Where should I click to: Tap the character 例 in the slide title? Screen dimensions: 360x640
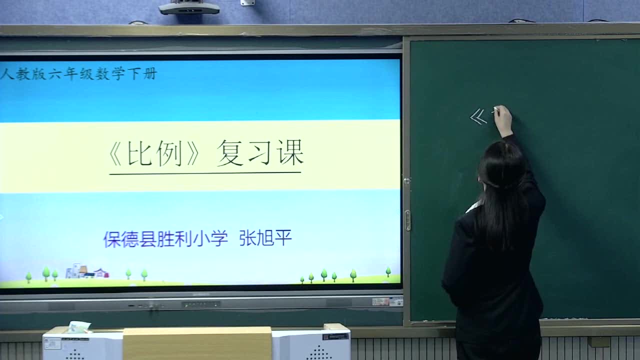(x=169, y=153)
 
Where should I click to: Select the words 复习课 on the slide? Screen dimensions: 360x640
(x=260, y=152)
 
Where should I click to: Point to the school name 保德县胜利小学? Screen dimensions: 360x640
(x=165, y=239)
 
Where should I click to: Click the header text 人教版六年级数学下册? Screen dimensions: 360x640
(x=79, y=74)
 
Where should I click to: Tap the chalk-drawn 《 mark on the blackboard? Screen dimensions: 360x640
(x=478, y=117)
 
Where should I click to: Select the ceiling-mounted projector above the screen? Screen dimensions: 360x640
(x=189, y=7)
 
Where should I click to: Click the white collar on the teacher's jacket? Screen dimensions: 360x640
(x=473, y=206)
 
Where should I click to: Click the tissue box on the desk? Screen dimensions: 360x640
(x=79, y=327)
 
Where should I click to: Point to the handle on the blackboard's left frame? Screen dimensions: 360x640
(x=407, y=220)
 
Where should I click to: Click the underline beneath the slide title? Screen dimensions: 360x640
(x=205, y=173)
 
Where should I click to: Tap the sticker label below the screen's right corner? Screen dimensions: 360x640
(x=387, y=301)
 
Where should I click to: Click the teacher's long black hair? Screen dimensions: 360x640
(x=502, y=190)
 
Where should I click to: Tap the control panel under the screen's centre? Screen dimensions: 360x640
(x=201, y=304)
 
